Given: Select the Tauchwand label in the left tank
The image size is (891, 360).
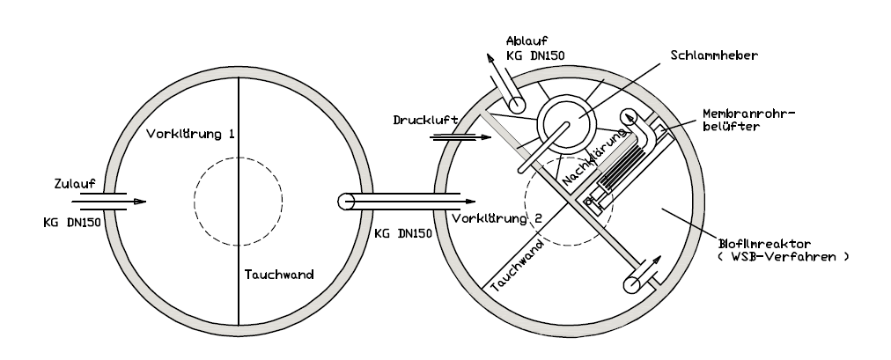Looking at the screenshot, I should pyautogui.click(x=279, y=274).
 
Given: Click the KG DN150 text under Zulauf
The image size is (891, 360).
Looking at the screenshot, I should pyautogui.click(x=73, y=222).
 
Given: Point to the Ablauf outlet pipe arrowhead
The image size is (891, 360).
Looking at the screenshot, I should pyautogui.click(x=486, y=56).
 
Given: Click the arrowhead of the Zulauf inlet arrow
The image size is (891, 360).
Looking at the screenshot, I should pyautogui.click(x=140, y=202).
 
